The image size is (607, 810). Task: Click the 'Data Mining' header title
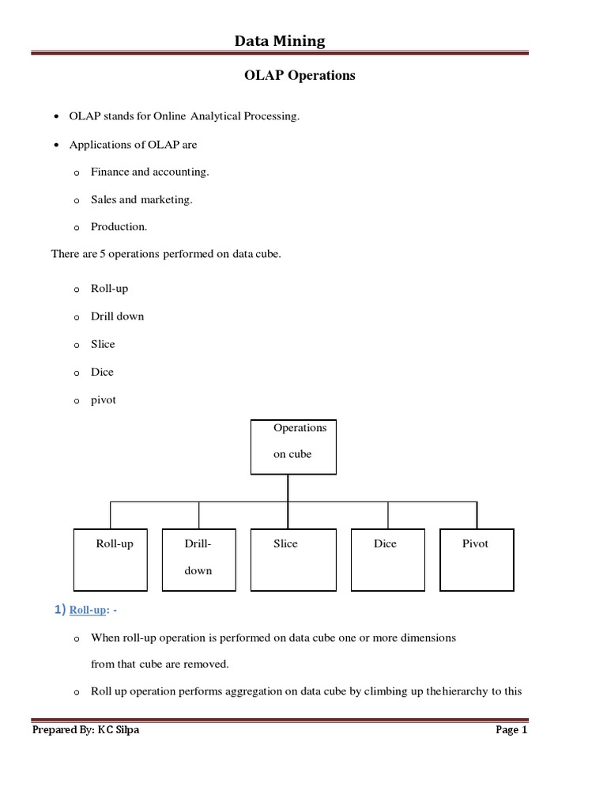279,40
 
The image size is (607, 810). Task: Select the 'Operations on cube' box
293,447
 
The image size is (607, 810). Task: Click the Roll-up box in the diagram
110,560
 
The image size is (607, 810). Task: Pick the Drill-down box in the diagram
198,560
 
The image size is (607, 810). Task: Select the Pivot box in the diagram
477,560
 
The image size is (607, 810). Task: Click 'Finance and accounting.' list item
149,172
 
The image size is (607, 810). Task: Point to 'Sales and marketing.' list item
141,199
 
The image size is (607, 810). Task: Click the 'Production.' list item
119,227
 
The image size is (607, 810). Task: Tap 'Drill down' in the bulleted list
118,316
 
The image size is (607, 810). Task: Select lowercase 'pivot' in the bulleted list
104,400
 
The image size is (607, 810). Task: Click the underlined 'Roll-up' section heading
87,611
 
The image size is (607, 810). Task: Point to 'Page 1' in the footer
511,730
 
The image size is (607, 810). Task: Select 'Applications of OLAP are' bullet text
133,145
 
